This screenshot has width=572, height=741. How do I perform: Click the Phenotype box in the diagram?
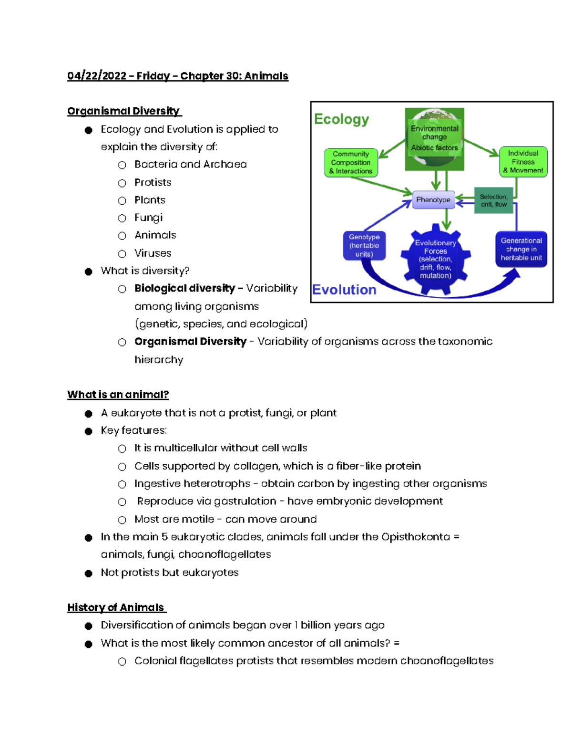pyautogui.click(x=433, y=199)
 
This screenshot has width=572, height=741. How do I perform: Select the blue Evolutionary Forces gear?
pyautogui.click(x=435, y=259)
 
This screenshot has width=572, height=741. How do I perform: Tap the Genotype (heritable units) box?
pyautogui.click(x=364, y=246)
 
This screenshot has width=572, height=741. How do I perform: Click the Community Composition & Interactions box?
pyautogui.click(x=351, y=163)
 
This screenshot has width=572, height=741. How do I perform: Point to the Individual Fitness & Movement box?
pyautogui.click(x=523, y=162)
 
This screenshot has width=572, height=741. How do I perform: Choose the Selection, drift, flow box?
pyautogui.click(x=494, y=200)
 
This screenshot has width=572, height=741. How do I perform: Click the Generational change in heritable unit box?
pyautogui.click(x=521, y=249)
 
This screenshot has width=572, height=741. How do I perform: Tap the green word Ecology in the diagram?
pyautogui.click(x=341, y=119)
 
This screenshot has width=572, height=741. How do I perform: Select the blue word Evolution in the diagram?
pyautogui.click(x=345, y=290)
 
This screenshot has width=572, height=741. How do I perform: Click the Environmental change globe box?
pyautogui.click(x=434, y=139)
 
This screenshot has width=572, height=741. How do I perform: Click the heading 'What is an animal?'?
pyautogui.click(x=118, y=395)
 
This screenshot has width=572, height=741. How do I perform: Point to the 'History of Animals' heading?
pyautogui.click(x=116, y=607)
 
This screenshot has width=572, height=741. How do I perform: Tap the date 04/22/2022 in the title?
pyautogui.click(x=97, y=76)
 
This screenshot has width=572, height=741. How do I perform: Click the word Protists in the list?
pyautogui.click(x=153, y=182)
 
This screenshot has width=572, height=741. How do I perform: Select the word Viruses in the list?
pyautogui.click(x=153, y=253)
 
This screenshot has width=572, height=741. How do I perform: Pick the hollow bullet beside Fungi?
pyautogui.click(x=122, y=218)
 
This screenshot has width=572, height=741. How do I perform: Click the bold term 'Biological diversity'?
pyautogui.click(x=185, y=289)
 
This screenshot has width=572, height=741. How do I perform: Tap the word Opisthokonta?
pyautogui.click(x=416, y=537)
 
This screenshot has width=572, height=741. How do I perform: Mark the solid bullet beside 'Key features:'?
pyautogui.click(x=89, y=431)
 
